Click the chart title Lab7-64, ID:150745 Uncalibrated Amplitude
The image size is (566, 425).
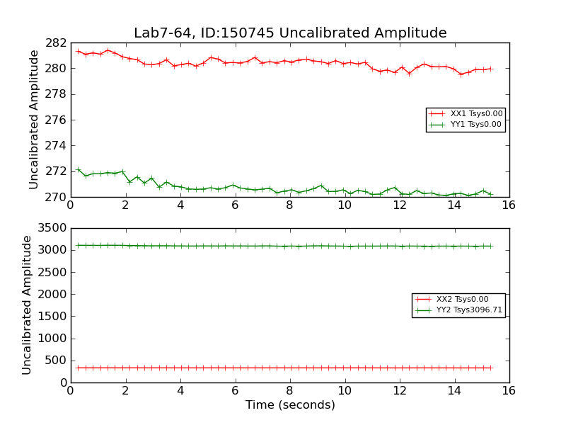coord(290,33)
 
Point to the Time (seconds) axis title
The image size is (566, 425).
coord(290,405)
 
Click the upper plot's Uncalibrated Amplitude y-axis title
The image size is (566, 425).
coord(34,119)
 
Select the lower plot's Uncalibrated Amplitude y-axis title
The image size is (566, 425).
coord(28,305)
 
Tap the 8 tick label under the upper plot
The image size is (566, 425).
coord(289,205)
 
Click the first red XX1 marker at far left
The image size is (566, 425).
coord(78,51)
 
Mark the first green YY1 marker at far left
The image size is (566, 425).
coord(78,170)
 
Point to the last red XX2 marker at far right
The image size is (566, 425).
coord(490,368)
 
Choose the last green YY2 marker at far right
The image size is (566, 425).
coord(490,246)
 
